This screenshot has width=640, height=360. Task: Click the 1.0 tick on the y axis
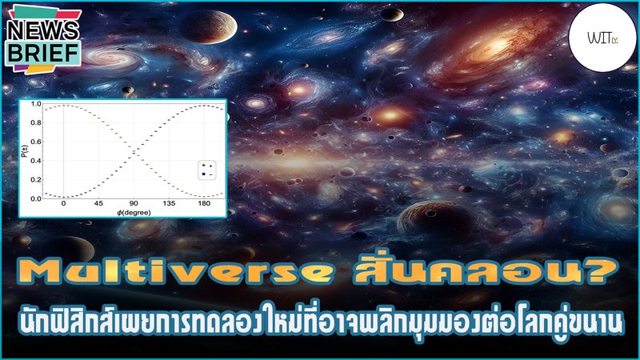(x=36, y=105)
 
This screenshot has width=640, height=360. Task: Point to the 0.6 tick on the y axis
(x=36, y=142)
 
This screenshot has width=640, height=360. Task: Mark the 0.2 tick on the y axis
(x=36, y=179)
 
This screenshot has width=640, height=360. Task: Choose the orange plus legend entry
(x=206, y=165)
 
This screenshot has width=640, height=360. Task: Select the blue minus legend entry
(x=206, y=173)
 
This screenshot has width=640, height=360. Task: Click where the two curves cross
(x=134, y=150)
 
